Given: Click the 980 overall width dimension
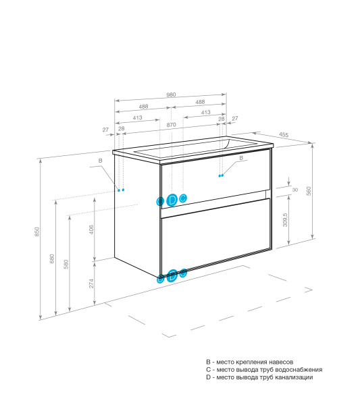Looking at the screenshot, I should click(172, 95).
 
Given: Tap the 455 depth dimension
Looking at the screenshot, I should click(284, 136).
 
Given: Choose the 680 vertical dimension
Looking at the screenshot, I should click(53, 259).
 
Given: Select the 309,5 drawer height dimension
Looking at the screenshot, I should click(286, 219).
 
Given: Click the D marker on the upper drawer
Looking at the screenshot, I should click(172, 200).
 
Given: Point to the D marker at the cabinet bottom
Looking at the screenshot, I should click(172, 274).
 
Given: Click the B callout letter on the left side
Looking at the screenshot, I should click(100, 160).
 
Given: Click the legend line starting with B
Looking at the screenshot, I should click(249, 362).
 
